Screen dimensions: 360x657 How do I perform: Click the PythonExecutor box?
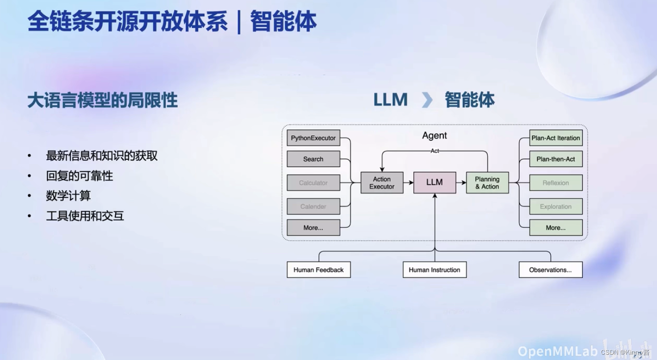click(313, 138)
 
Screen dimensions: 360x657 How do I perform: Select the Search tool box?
click(313, 159)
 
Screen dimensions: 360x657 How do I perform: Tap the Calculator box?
click(313, 183)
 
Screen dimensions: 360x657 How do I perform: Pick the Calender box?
click(313, 207)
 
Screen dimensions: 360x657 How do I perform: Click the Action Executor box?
click(382, 182)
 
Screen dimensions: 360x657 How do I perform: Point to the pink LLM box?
click(434, 182)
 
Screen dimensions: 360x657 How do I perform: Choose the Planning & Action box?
click(487, 182)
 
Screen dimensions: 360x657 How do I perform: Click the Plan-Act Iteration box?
click(556, 138)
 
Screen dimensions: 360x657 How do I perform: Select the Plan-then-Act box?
click(556, 159)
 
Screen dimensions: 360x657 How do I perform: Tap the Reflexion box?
click(556, 183)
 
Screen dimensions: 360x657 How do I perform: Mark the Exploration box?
click(556, 207)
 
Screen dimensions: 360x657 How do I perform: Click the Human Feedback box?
click(318, 270)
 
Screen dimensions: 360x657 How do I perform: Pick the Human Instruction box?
click(434, 270)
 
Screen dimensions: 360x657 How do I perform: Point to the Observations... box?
click(550, 270)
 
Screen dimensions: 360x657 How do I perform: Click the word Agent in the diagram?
click(434, 136)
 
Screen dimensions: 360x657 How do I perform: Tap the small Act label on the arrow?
click(435, 151)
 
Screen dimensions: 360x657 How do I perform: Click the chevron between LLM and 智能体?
click(427, 100)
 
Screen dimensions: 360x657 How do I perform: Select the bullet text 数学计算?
click(68, 196)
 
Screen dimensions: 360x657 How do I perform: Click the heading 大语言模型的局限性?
click(102, 100)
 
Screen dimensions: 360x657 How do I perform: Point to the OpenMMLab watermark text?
click(558, 351)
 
